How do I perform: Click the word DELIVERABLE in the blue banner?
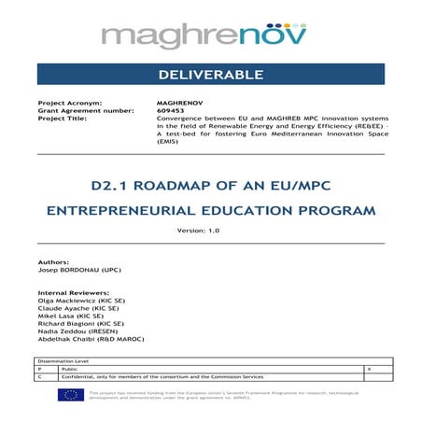210,74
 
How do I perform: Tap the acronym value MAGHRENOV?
178,103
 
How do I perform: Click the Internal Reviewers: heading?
71,292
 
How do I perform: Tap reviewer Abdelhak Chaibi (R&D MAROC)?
91,340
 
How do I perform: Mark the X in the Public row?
371,371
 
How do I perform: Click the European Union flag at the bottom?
70,395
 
